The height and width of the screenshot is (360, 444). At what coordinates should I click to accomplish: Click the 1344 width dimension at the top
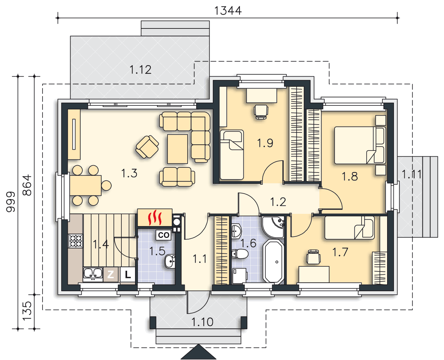228,11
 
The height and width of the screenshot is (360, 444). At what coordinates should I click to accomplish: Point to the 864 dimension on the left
27,185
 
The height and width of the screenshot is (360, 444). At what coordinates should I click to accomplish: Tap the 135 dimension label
27,311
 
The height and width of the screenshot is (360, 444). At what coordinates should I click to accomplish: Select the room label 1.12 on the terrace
140,69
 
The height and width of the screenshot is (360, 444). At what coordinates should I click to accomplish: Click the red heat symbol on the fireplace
155,217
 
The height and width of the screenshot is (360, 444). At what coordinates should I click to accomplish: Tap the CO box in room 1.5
163,235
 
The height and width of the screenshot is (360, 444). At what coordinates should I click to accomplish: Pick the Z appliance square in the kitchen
111,275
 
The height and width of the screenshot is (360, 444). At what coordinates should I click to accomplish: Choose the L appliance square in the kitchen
127,275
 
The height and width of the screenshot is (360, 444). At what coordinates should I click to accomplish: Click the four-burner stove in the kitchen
76,241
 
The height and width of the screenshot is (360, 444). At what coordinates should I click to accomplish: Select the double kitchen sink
93,274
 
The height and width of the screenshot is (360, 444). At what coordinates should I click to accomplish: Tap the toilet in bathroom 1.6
240,254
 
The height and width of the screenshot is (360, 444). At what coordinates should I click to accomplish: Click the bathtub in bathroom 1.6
273,261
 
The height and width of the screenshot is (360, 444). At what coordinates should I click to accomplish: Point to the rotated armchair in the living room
147,147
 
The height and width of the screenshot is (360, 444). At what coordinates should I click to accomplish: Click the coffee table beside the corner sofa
178,149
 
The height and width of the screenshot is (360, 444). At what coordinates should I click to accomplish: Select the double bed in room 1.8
360,145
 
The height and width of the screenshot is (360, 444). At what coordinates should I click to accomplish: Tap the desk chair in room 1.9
261,112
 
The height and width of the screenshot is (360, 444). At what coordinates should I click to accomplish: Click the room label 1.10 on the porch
202,322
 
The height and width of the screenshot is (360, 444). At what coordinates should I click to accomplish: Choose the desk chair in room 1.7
313,257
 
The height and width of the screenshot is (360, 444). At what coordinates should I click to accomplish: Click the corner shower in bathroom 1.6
273,227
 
